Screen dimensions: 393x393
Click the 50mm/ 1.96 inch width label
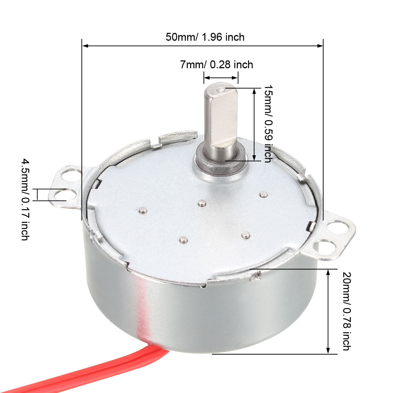(x=205, y=37)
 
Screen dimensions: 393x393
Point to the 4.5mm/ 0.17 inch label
(x=25, y=199)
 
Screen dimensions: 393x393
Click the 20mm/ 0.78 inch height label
(x=346, y=311)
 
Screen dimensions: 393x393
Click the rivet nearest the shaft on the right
(x=264, y=195)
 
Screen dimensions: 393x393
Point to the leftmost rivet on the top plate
(x=143, y=210)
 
